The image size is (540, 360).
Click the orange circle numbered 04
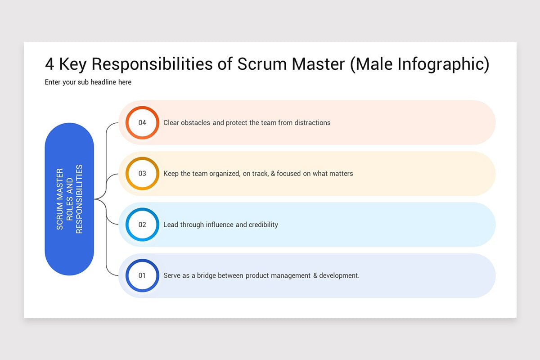coord(142,122)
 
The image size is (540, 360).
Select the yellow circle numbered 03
coord(142,173)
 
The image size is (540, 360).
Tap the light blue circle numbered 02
coord(142,225)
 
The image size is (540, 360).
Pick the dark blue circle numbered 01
coord(142,275)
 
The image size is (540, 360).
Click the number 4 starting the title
coord(49,64)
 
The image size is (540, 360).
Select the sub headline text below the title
coord(88,82)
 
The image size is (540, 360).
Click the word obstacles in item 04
coord(196,122)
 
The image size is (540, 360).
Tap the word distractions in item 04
coord(312,122)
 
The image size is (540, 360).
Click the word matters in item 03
coord(341,173)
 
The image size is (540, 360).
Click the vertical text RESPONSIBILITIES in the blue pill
coord(79,199)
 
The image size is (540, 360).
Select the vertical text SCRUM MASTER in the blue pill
coord(60,199)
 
